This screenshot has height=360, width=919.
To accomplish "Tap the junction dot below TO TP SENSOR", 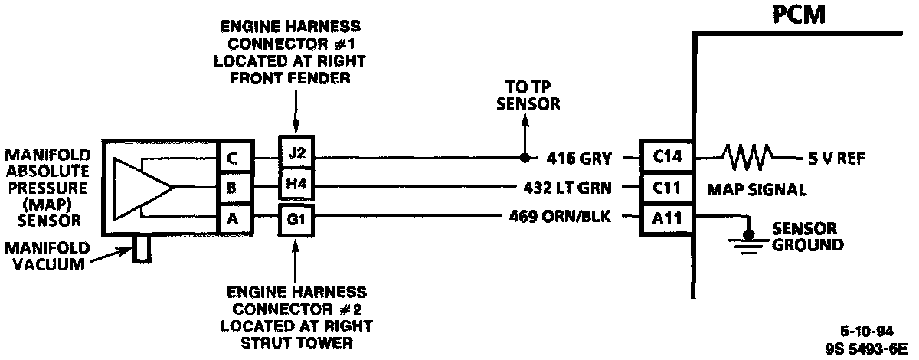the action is tap(525, 159).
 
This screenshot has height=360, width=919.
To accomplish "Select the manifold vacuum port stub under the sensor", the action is tap(141, 250).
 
